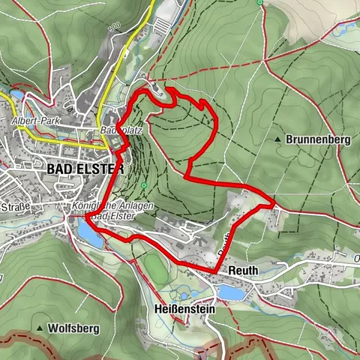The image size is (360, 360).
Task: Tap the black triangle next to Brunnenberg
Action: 279,139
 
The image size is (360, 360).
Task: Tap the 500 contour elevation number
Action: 114,26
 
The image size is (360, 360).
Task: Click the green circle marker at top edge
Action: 259,2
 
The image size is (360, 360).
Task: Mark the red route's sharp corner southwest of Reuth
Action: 217,271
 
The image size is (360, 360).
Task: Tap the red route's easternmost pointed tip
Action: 274,200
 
